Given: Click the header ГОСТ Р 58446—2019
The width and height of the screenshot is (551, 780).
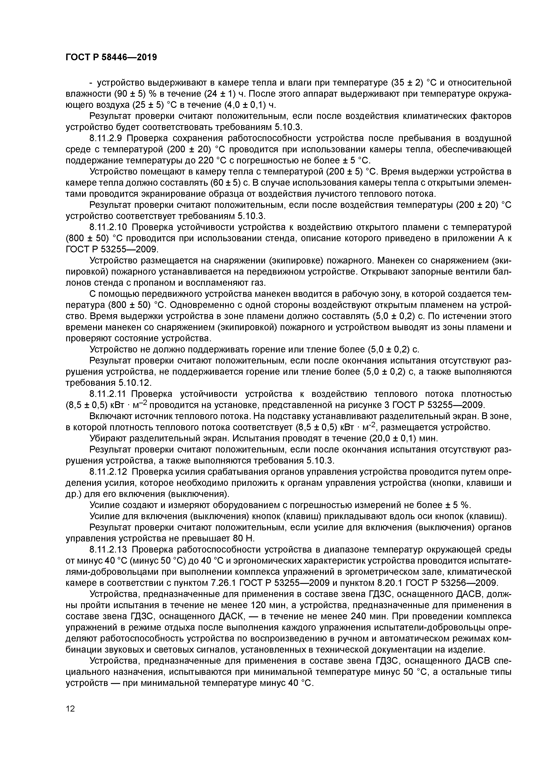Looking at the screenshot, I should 111,57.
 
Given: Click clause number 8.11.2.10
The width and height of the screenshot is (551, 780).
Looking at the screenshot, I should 110,227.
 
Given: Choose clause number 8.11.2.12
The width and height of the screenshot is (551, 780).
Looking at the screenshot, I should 110,472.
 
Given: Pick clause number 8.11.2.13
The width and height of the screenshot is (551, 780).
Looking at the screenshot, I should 110,550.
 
